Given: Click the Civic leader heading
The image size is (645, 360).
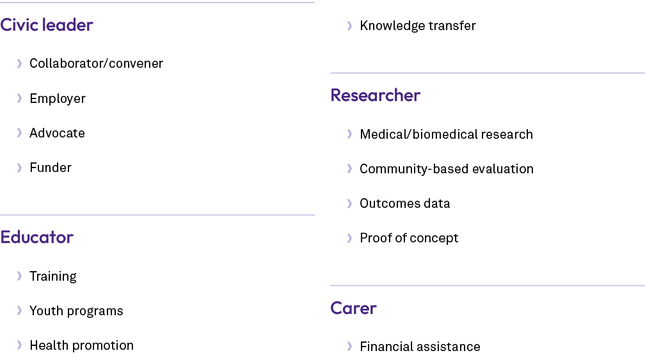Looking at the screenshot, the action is [x=47, y=25].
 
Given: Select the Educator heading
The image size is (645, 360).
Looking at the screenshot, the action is [x=36, y=237].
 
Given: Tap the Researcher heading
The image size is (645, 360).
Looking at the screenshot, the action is [x=375, y=95].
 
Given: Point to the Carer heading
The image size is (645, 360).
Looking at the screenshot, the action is [x=353, y=308].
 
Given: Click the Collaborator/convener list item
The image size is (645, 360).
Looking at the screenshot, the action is [x=96, y=63].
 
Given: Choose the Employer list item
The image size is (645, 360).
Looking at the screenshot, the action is [x=58, y=98].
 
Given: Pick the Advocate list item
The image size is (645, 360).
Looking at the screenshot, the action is [x=57, y=133].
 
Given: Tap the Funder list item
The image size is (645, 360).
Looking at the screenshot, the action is [x=51, y=168].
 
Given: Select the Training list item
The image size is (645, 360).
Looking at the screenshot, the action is [x=53, y=276].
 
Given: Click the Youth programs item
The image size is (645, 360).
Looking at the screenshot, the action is [x=77, y=311].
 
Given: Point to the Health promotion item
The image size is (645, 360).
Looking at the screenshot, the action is [x=81, y=345].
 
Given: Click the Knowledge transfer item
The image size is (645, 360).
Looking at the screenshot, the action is [x=418, y=26].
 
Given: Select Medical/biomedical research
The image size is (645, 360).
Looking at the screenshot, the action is [x=447, y=134].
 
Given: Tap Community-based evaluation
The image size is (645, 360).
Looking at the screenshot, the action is [x=447, y=169].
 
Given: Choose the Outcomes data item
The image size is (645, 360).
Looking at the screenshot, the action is [x=405, y=203].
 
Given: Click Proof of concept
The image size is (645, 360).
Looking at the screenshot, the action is [x=409, y=238].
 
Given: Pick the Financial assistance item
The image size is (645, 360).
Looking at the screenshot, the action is [x=420, y=347].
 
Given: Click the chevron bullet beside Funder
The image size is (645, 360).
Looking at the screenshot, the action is [x=19, y=168].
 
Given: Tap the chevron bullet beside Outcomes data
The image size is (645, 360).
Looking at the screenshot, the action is [x=349, y=203].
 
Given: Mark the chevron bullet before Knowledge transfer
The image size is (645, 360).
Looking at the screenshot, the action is [x=349, y=26].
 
